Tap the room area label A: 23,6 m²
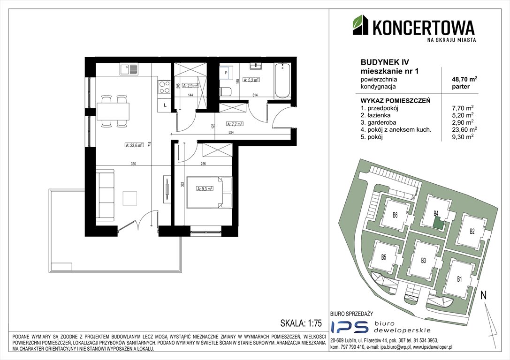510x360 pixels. click(137, 145)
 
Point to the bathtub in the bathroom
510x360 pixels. click(282, 80)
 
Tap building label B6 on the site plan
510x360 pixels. click(395, 216)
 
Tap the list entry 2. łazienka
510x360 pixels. click(378, 114)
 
